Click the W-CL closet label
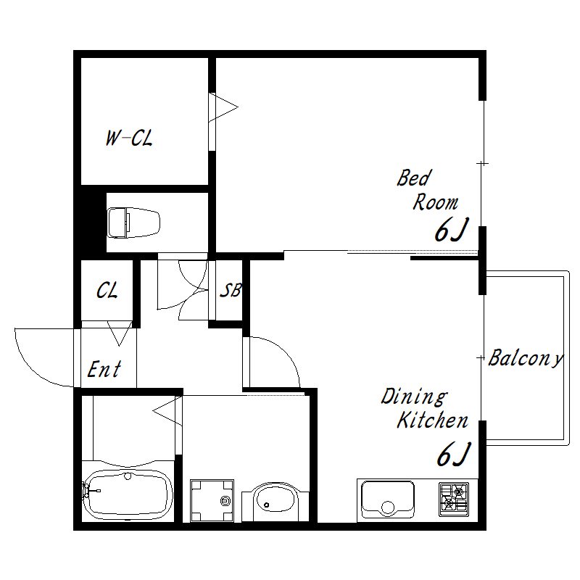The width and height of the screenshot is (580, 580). click(x=129, y=138)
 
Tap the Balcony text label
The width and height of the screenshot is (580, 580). click(x=526, y=358)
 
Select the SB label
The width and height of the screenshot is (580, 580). click(x=231, y=291)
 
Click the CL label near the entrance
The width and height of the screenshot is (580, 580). click(x=107, y=291)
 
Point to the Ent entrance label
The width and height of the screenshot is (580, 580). click(x=104, y=369)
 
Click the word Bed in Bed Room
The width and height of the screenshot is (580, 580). click(x=414, y=178)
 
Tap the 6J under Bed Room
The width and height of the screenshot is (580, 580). click(x=451, y=230)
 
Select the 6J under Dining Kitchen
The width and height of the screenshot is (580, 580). click(x=454, y=454)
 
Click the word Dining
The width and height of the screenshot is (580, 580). click(x=414, y=397)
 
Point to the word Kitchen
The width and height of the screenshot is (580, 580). click(x=432, y=420)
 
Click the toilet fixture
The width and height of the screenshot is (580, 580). click(x=133, y=223)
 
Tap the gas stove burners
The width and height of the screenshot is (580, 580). click(x=454, y=499)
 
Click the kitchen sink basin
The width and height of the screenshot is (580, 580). click(x=387, y=499)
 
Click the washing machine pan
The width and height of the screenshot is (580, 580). click(x=212, y=501)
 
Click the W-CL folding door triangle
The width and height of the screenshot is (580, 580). click(x=224, y=107)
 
